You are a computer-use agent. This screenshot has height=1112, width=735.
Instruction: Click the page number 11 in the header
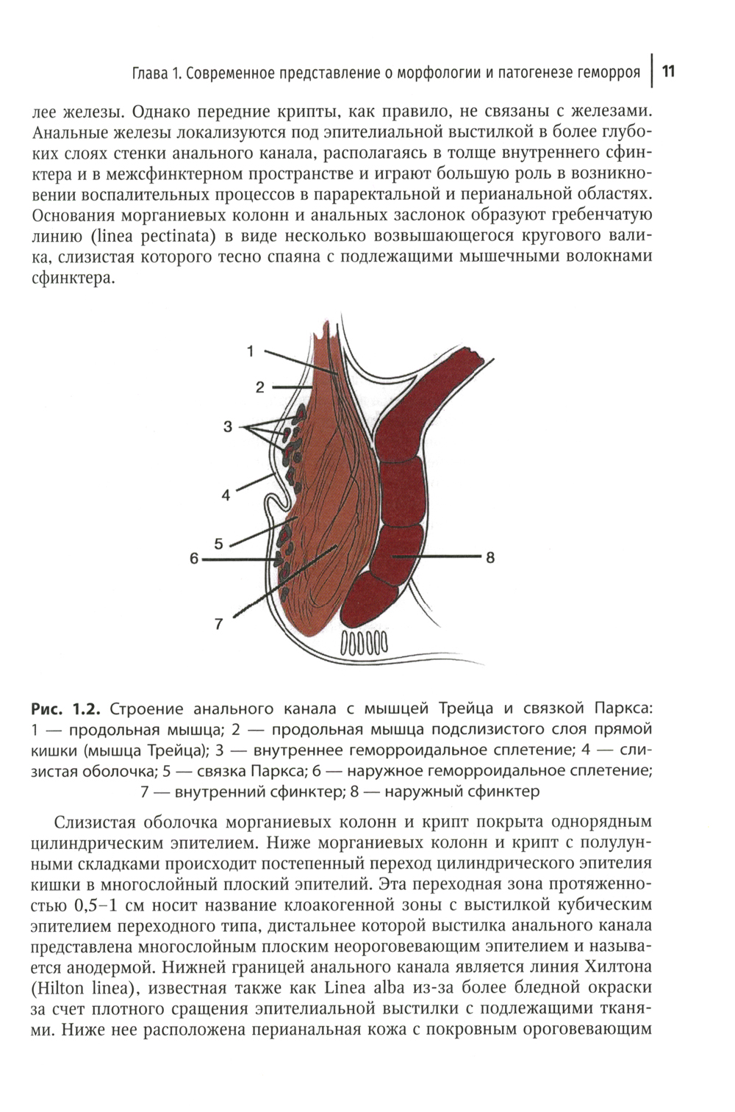coord(669,71)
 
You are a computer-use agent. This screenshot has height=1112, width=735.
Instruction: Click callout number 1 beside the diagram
coord(251,351)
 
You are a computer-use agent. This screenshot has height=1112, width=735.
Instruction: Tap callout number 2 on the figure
coord(260,387)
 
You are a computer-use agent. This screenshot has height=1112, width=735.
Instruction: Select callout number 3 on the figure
coord(228,426)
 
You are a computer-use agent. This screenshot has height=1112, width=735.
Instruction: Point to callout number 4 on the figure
coord(226,495)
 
